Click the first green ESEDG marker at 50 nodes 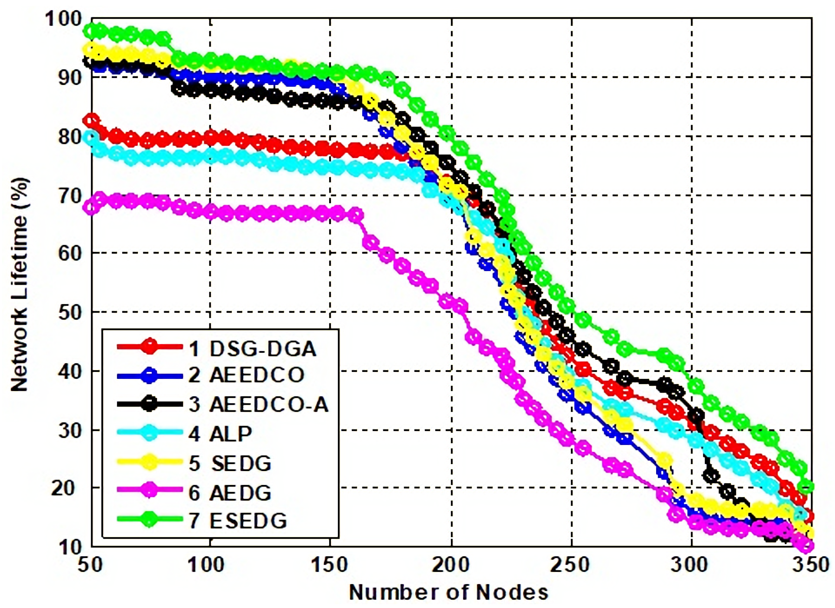point(91,31)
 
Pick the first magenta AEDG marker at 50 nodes point(91,207)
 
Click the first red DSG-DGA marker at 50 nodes point(91,120)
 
